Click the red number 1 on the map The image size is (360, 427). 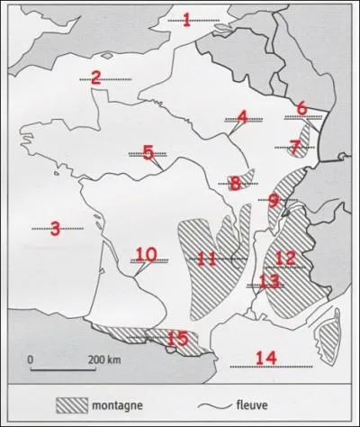point(187,19)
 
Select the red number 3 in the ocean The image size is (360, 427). point(55,229)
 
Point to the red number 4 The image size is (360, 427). point(243,117)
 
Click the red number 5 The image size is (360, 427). point(148,153)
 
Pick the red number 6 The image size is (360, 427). point(302,109)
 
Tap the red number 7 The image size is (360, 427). point(295,146)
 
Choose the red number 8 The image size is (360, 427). point(235,184)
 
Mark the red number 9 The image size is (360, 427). point(274,201)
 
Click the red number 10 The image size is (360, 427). point(146,255)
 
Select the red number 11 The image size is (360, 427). point(207,259)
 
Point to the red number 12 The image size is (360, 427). point(285,259)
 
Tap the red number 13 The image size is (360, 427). point(269,281)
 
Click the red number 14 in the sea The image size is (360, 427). point(265,358)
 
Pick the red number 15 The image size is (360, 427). point(177,338)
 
